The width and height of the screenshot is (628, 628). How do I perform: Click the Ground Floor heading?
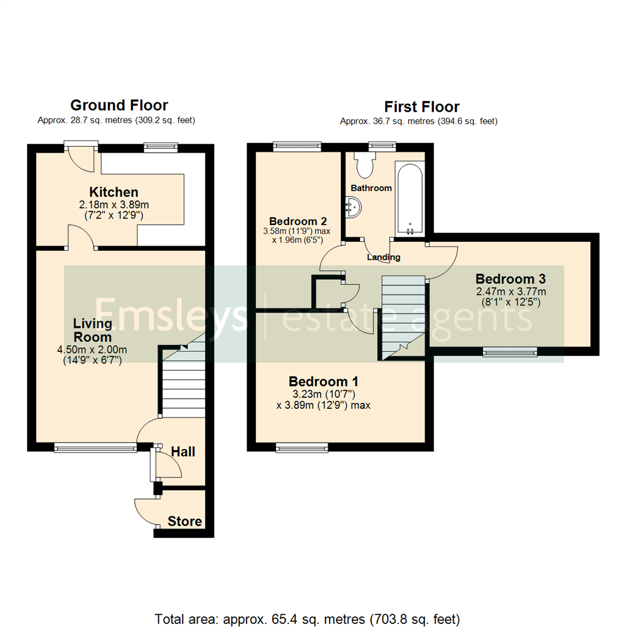119,105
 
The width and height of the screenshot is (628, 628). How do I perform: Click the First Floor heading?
422,107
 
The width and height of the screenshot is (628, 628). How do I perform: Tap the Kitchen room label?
113,192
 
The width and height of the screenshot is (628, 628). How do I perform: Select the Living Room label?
92,329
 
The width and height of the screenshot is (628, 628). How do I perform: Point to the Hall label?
183,452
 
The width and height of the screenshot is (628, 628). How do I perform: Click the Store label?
185,521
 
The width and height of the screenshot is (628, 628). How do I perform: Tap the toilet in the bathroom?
365,166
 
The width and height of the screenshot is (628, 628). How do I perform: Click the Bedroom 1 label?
323,381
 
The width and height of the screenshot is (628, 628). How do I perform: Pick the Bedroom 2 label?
298,221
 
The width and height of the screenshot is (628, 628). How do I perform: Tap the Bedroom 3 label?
511,278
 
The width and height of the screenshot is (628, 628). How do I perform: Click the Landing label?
383,257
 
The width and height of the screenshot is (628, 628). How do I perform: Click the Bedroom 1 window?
302,447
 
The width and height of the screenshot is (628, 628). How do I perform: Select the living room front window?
95,447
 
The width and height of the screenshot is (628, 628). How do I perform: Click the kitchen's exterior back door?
81,157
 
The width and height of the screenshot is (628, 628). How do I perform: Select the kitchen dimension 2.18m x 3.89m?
113,205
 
